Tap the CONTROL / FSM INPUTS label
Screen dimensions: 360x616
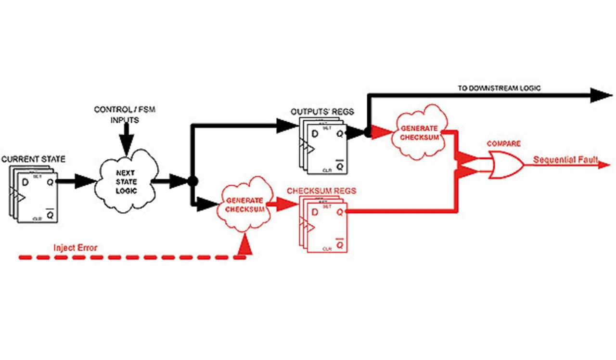125,115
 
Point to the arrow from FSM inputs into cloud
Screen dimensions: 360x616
126,140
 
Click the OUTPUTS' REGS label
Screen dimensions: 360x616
322,112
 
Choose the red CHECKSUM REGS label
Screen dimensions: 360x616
321,191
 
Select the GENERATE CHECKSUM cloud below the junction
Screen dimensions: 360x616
244,205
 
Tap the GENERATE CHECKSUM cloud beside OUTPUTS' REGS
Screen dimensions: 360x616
419,132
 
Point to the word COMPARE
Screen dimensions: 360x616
504,144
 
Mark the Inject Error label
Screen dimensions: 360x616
75,248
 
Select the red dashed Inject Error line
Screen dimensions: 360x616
130,258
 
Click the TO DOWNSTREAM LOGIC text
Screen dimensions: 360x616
499,88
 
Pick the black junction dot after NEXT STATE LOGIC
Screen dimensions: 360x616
192,181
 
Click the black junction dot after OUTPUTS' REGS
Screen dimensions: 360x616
368,133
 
